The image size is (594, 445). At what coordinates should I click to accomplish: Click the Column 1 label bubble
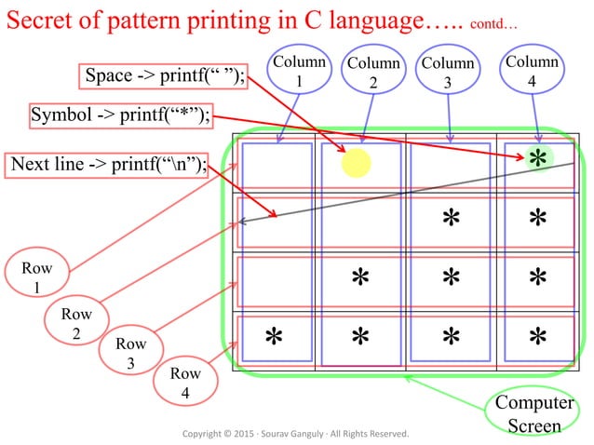(300, 72)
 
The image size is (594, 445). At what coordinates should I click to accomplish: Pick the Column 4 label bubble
(532, 72)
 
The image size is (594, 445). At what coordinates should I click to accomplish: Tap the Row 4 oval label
(185, 383)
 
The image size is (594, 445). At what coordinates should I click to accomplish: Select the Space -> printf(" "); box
(166, 76)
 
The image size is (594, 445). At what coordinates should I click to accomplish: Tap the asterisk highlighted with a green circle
(537, 158)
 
